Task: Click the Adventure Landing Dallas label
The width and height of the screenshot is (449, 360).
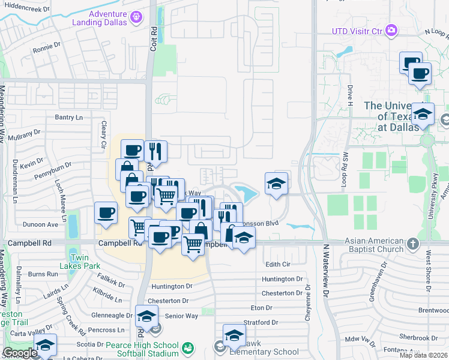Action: [x=107, y=18]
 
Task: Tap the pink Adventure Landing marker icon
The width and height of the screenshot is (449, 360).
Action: [x=137, y=18]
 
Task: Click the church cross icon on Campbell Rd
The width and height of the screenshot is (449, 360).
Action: [x=412, y=244]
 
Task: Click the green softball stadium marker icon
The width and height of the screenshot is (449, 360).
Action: [x=188, y=347]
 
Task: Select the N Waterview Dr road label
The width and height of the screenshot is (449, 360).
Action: [x=327, y=270]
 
